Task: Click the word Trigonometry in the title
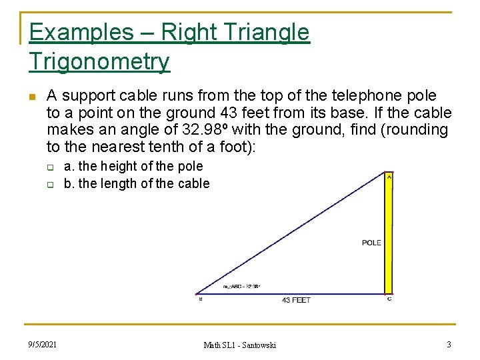pos(99,62)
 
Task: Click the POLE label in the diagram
pos(371,243)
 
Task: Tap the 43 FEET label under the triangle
pos(296,301)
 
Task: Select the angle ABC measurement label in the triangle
pos(241,287)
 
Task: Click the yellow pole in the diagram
pos(388,233)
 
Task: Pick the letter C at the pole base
pos(389,299)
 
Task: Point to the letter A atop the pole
pos(389,177)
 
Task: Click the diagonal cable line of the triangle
pos(293,233)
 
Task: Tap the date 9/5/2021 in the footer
pos(43,344)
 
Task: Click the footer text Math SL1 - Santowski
pos(239,345)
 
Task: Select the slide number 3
pos(449,344)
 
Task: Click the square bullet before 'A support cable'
pos(31,97)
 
